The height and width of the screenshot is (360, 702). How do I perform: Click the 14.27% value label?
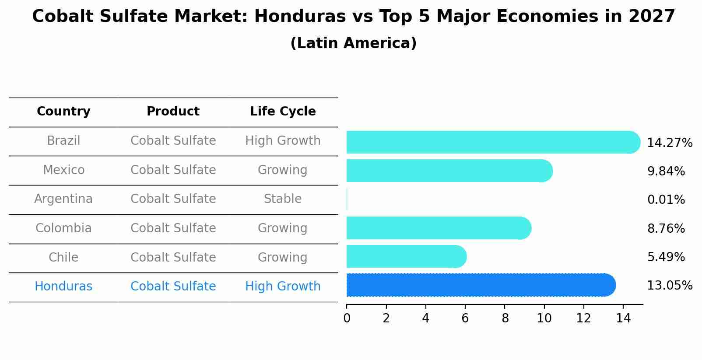coord(669,143)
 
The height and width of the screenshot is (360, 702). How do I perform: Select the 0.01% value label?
coord(666,200)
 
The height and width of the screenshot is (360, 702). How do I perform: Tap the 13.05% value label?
coord(669,286)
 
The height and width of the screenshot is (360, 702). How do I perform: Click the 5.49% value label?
coord(666,257)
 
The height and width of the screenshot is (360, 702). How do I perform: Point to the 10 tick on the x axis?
coord(544,318)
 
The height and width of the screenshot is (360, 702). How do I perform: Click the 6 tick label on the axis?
coord(465,318)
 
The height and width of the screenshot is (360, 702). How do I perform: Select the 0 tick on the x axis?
coord(347,318)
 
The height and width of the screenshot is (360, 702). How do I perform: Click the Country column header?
coord(63,112)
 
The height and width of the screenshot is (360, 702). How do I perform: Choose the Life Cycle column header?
coord(283,112)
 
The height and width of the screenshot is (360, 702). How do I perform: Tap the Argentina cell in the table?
coord(63,199)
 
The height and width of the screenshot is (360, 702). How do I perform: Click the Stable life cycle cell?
coord(283,199)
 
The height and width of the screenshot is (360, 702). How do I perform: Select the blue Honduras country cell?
coord(63,287)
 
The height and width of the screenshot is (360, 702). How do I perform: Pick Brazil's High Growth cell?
coord(283,141)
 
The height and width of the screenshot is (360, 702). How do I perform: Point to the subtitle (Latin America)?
coord(353,43)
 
